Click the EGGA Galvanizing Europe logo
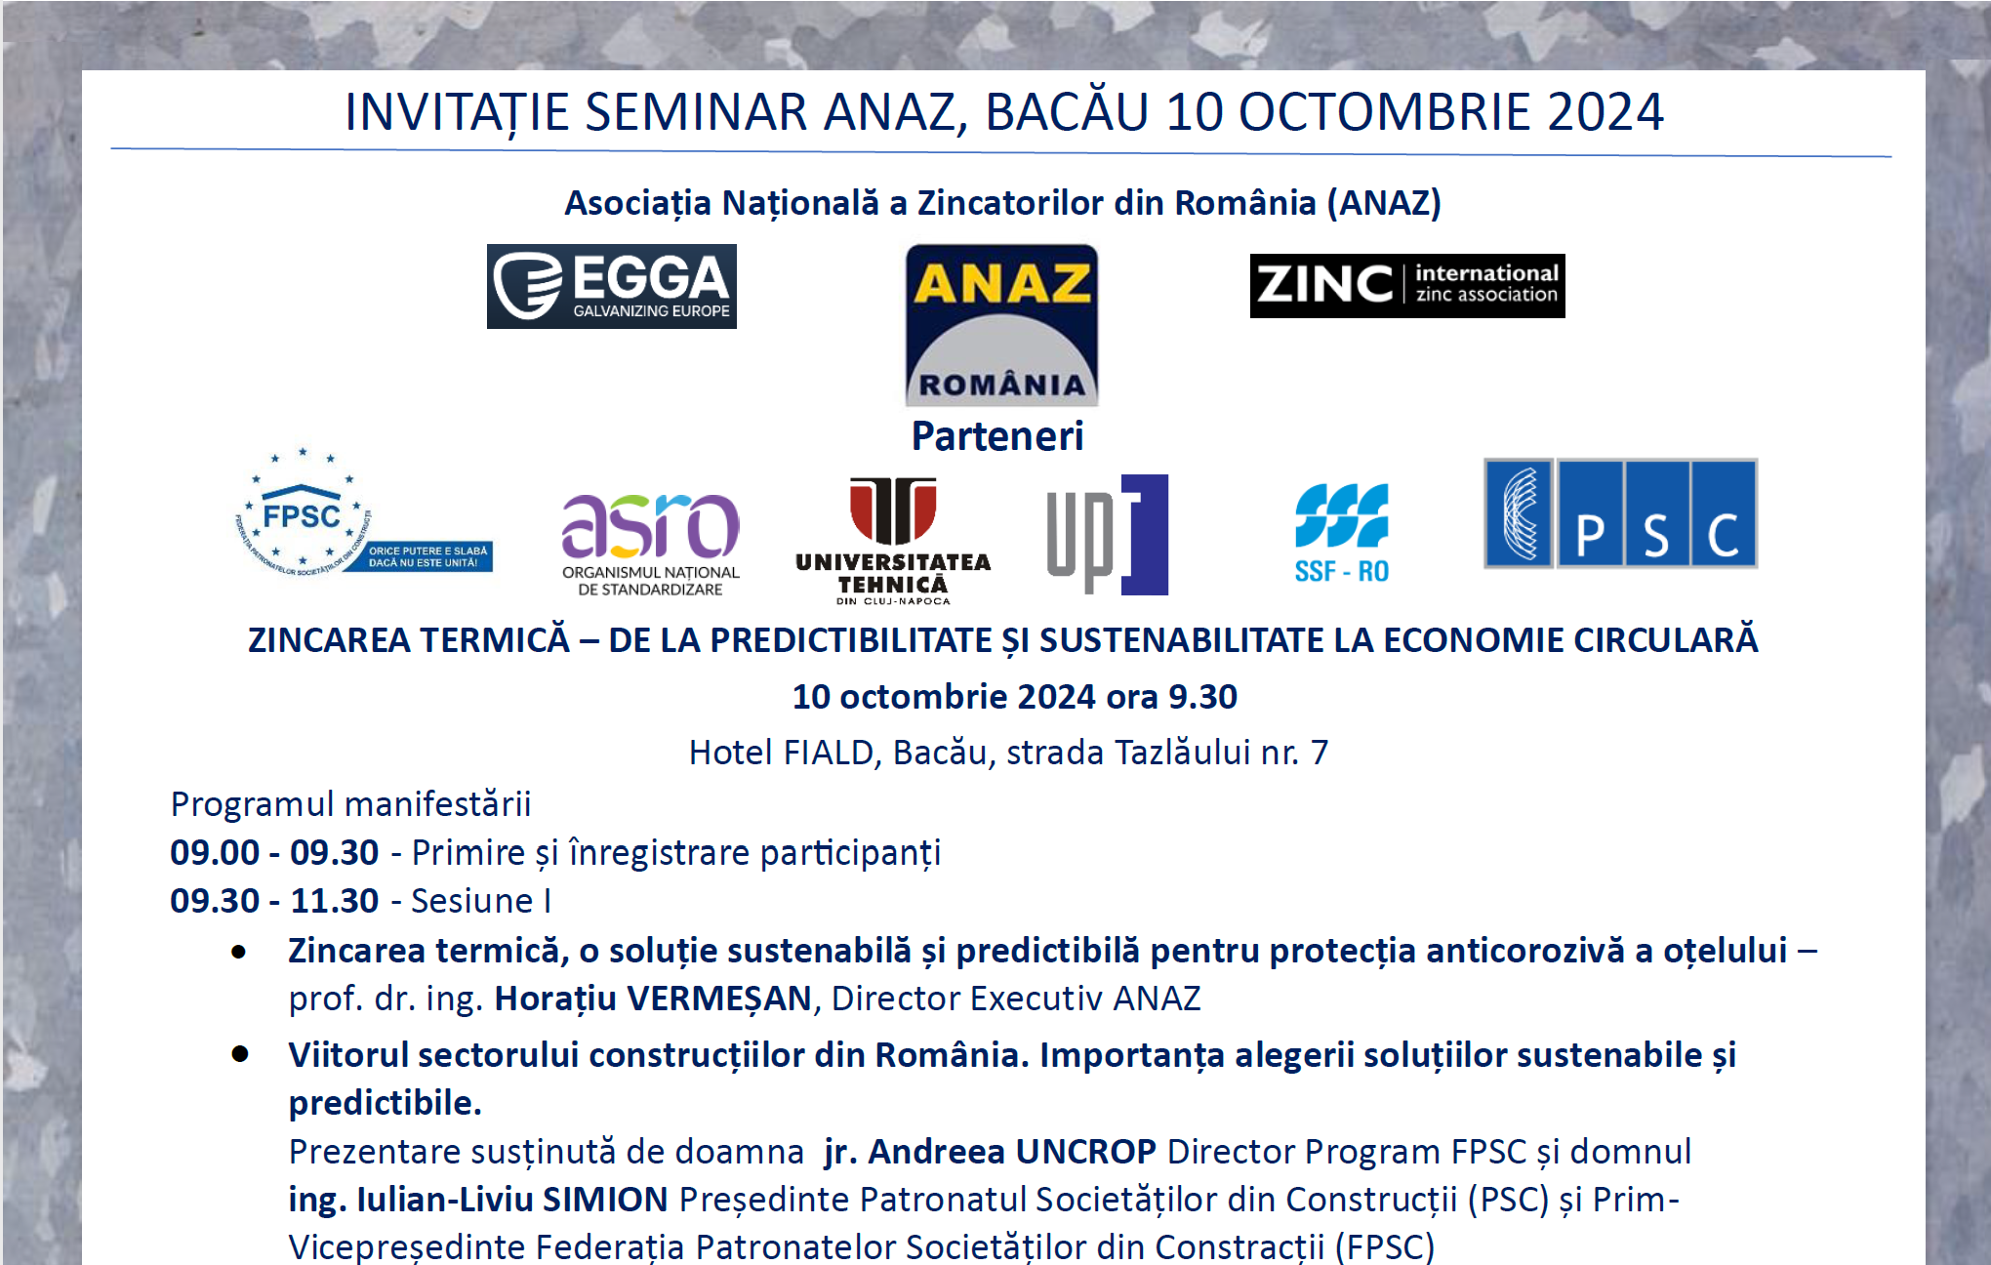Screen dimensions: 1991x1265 (x=612, y=286)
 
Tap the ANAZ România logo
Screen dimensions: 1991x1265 (x=1002, y=325)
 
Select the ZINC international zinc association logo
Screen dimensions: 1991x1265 (x=1407, y=286)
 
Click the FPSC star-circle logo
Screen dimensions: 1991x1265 (x=363, y=512)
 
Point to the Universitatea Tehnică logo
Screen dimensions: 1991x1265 (x=893, y=541)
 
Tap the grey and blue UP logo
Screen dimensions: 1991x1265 (x=1108, y=535)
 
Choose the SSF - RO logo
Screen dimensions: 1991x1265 (x=1342, y=534)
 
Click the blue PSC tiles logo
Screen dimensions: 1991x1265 (x=1620, y=513)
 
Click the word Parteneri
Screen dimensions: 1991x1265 (x=997, y=436)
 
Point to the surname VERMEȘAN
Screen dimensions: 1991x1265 (x=719, y=999)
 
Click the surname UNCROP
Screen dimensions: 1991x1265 (x=1086, y=1152)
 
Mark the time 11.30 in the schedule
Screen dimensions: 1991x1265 (x=335, y=901)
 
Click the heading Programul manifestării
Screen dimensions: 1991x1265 (x=351, y=804)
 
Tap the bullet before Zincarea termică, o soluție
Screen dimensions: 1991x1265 (x=239, y=952)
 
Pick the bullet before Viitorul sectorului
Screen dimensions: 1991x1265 (x=240, y=1054)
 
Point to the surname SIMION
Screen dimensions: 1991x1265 (x=605, y=1200)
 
